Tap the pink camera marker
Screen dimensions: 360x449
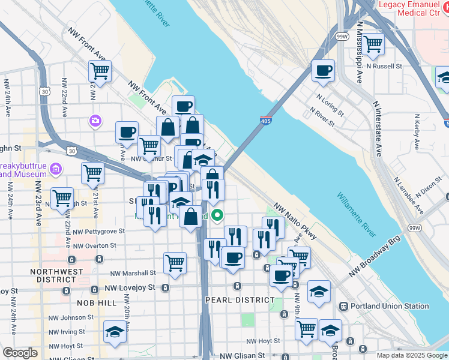click(95, 121)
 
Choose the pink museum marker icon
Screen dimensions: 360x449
click(56, 169)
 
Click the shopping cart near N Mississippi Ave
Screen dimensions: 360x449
click(373, 43)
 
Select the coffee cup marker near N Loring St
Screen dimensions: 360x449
click(323, 71)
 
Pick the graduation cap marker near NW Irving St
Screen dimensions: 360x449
click(113, 331)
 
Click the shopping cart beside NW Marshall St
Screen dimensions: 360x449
click(174, 262)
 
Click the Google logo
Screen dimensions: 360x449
click(20, 353)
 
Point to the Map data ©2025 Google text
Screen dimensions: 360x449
click(411, 355)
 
